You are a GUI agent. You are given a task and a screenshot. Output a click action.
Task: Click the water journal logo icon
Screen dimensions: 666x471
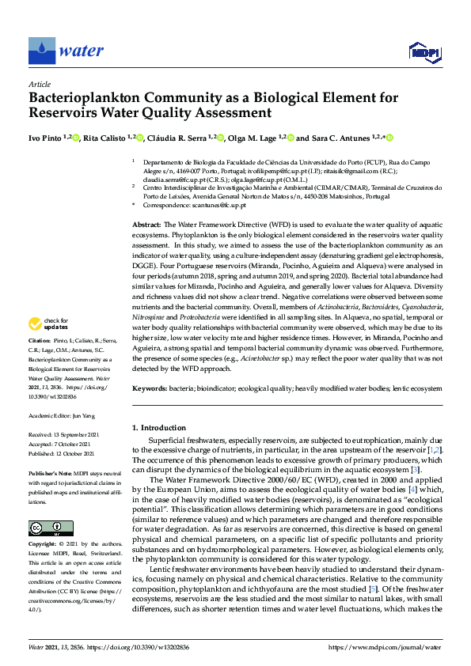coord(41,51)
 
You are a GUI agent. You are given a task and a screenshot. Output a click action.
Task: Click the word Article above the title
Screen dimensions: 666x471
coord(40,84)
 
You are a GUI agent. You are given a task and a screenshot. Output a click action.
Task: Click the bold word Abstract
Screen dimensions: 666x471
coord(146,225)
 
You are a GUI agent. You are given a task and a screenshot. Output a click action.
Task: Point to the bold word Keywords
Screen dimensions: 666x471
coord(149,389)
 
